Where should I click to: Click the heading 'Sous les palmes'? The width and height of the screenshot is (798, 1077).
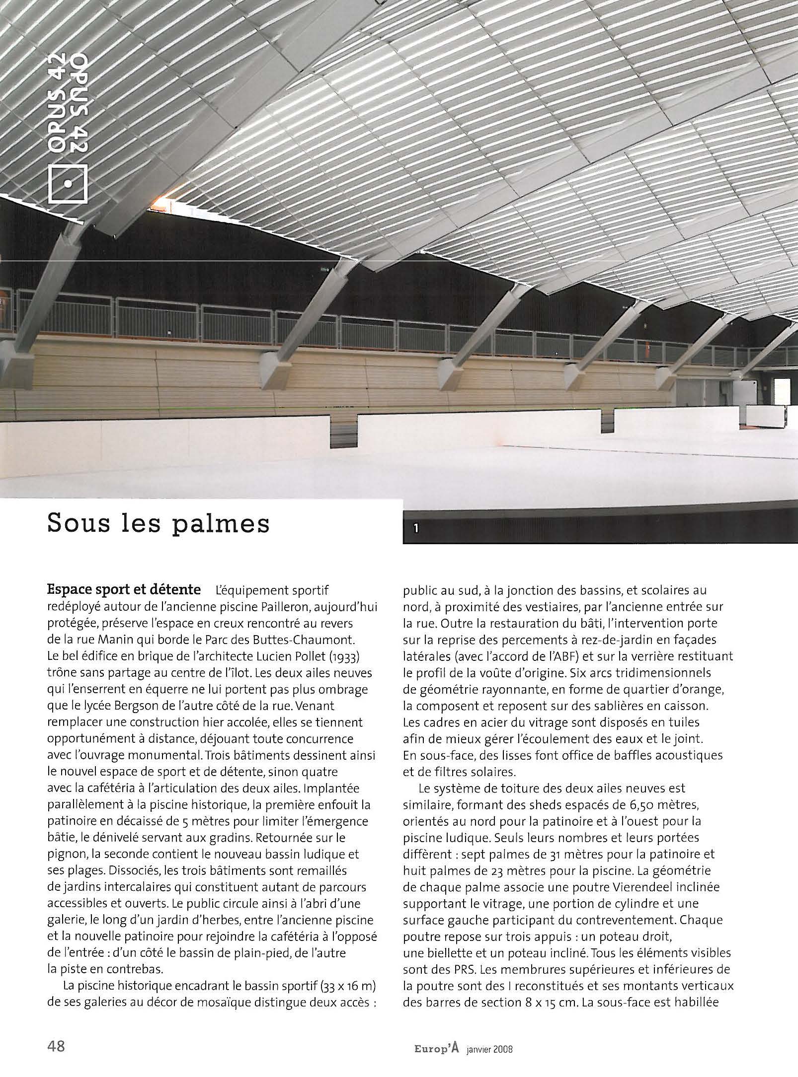pyautogui.click(x=158, y=524)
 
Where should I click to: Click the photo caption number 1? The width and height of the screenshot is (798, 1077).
pyautogui.click(x=416, y=529)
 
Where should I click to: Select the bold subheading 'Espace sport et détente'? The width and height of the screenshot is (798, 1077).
pyautogui.click(x=124, y=590)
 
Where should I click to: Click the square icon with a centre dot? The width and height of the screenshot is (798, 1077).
pyautogui.click(x=68, y=183)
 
